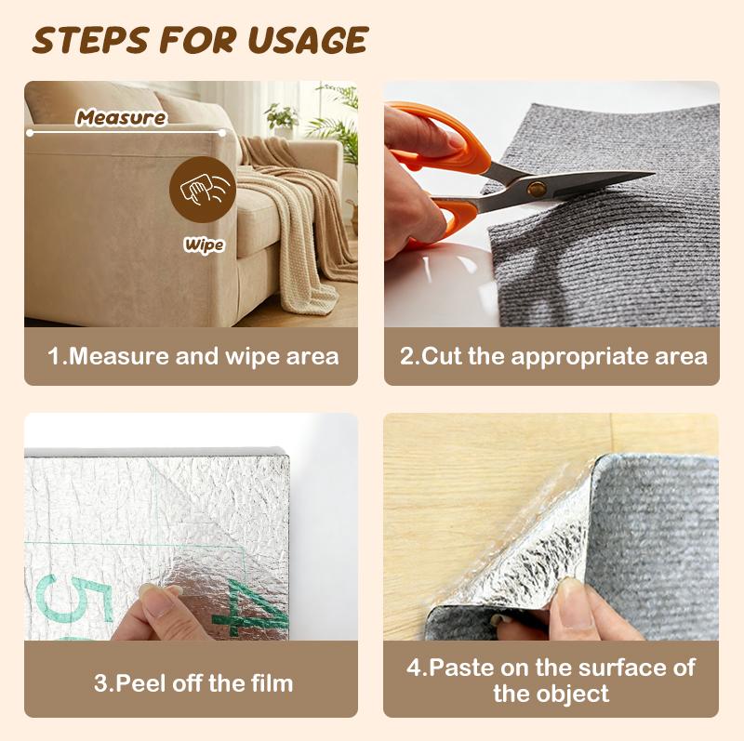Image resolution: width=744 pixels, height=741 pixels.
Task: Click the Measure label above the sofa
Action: tap(121, 118)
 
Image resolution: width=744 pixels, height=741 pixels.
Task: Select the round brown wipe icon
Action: tap(202, 190)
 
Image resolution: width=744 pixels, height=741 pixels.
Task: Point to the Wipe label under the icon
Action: tap(204, 245)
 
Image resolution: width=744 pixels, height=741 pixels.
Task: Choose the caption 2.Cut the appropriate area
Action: tap(552, 356)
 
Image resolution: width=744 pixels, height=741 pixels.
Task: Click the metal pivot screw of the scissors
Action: tap(537, 189)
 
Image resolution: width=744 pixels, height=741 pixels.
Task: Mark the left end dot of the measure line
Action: tap(30, 132)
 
